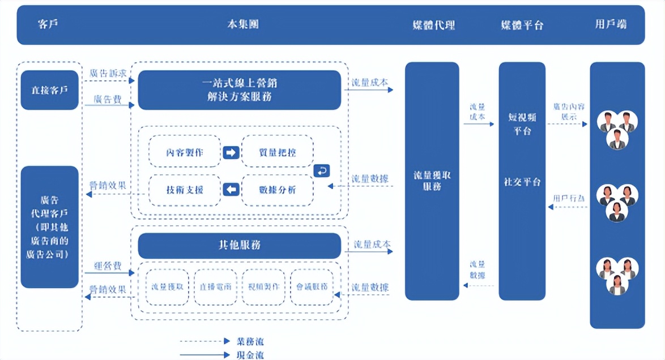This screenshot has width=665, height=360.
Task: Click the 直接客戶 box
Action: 49,90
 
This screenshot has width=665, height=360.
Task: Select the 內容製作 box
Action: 185,152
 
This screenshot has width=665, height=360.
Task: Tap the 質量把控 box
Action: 277,152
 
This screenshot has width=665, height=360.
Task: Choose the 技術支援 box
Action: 185,190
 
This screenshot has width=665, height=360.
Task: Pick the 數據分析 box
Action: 277,190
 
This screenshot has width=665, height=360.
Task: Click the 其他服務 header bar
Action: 239,245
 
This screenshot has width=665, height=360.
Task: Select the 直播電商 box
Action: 215,286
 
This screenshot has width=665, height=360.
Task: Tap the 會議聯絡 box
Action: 312,286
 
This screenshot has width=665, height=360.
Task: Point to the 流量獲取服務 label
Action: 432,181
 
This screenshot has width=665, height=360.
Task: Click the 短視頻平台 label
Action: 522,124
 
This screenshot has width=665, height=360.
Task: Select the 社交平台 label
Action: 522,182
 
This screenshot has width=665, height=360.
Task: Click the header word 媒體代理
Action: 433,25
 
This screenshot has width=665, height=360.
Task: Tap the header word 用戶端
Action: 611,24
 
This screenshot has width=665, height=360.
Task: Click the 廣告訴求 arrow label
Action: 108,74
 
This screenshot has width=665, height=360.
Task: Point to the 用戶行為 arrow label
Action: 569,199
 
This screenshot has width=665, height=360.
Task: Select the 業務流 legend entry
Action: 250,341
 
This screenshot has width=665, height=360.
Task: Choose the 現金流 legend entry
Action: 250,355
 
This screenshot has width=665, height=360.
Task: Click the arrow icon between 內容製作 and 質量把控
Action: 231,152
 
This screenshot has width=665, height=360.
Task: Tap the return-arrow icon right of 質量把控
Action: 321,170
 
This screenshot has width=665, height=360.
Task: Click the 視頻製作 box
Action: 263,286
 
